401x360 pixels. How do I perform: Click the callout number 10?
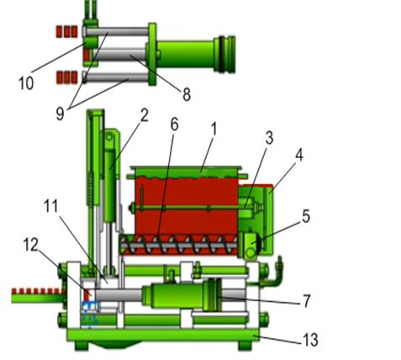[26, 83]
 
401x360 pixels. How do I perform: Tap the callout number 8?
[187, 94]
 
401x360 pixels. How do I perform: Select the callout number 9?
[60, 114]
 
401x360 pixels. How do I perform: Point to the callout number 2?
[144, 115]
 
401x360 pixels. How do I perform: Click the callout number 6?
[174, 124]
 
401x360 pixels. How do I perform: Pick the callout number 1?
[214, 130]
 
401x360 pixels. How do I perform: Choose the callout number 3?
[269, 138]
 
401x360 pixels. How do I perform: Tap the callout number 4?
[299, 155]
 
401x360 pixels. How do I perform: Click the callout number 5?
[306, 217]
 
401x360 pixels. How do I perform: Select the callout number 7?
[307, 301]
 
